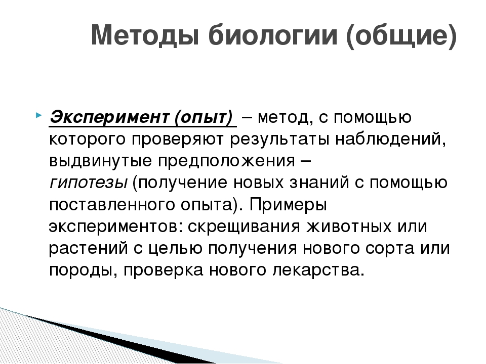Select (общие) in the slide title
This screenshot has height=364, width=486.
click(401, 35)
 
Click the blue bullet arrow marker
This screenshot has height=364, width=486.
click(38, 115)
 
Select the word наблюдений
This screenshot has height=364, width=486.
click(390, 140)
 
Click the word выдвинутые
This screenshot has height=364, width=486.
click(100, 161)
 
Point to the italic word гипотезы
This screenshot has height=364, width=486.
click(89, 183)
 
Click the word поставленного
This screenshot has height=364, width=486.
click(111, 205)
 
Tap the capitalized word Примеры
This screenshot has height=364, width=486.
click(288, 205)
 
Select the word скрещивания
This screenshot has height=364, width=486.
click(244, 227)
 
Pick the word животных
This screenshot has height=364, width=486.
click(349, 226)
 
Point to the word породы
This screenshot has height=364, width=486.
click(83, 270)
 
